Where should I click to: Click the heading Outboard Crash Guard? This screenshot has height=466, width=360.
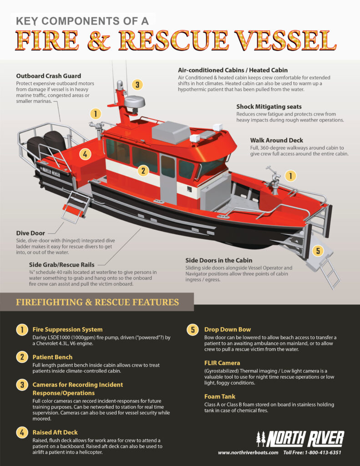pyautogui.click(x=49, y=76)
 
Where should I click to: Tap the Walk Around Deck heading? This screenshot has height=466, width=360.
pyautogui.click(x=276, y=140)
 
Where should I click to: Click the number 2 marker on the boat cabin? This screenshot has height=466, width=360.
pyautogui.click(x=143, y=171)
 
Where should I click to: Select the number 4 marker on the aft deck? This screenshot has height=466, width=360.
pyautogui.click(x=84, y=154)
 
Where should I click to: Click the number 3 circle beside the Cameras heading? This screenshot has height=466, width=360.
pyautogui.click(x=21, y=385)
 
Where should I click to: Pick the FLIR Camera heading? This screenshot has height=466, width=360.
pyautogui.click(x=223, y=363)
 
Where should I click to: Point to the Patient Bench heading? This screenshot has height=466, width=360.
pyautogui.click(x=52, y=358)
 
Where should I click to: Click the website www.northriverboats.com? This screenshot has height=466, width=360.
pyautogui.click(x=248, y=453)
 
